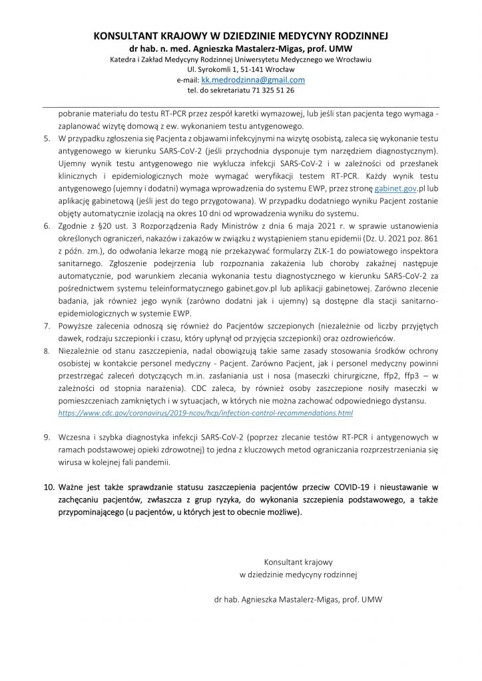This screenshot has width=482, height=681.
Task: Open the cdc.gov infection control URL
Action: coord(206,413)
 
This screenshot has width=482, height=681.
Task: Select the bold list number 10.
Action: coord(49,487)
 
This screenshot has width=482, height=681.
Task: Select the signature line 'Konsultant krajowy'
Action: coord(298,561)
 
